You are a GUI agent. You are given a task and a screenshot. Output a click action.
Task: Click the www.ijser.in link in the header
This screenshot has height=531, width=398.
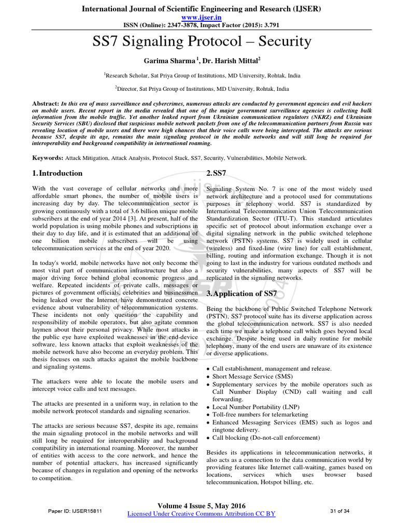(198, 17)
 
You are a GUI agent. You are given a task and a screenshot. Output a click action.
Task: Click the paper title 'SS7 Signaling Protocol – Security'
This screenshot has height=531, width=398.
(199, 41)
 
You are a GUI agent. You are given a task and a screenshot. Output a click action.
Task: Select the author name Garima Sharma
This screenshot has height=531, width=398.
(170, 60)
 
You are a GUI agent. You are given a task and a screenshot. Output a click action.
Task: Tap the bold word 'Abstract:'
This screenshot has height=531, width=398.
(45, 104)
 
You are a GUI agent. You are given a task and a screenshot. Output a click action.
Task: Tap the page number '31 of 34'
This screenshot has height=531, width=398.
(339, 511)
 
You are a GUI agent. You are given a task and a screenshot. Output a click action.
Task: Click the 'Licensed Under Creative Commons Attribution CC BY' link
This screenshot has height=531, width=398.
(201, 513)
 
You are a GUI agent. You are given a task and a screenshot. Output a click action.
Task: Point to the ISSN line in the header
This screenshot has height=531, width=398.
(198, 24)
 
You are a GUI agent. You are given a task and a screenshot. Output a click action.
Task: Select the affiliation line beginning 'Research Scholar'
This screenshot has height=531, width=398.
(199, 75)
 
